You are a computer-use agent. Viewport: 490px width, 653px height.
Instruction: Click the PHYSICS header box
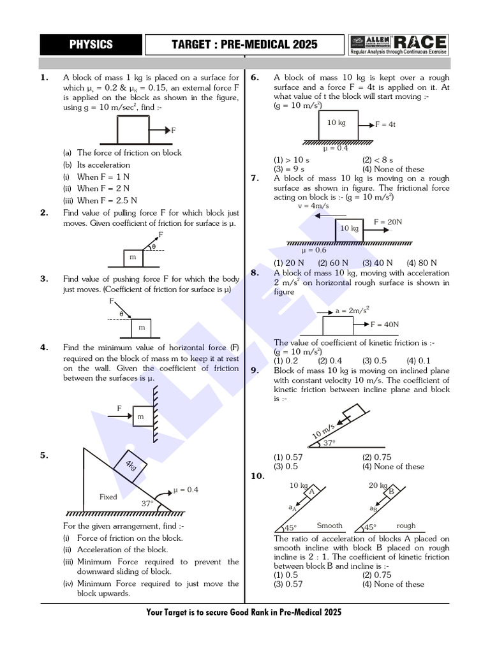(x=91, y=44)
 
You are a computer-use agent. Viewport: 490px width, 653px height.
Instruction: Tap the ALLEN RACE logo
(x=399, y=44)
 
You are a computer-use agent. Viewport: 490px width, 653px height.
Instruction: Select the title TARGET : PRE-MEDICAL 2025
(x=244, y=44)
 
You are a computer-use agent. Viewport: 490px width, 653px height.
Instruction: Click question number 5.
(x=44, y=455)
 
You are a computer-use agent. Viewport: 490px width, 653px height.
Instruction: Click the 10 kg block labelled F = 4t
(x=337, y=123)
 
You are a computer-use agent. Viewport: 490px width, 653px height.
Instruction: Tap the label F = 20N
(x=388, y=222)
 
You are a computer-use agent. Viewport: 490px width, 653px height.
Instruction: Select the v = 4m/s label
(x=313, y=206)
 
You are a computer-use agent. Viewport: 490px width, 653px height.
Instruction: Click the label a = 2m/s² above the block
(x=353, y=311)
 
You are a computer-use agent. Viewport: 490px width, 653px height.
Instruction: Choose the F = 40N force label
(x=385, y=324)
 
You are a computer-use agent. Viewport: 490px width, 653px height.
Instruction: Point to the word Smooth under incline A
(x=330, y=526)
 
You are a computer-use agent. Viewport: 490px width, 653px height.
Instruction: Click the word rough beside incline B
(x=406, y=526)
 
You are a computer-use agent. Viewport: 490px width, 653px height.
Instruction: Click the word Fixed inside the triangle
(x=108, y=496)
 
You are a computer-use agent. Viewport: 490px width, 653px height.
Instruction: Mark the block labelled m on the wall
(x=142, y=417)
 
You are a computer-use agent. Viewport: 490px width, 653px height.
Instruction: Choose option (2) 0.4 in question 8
(x=330, y=360)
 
